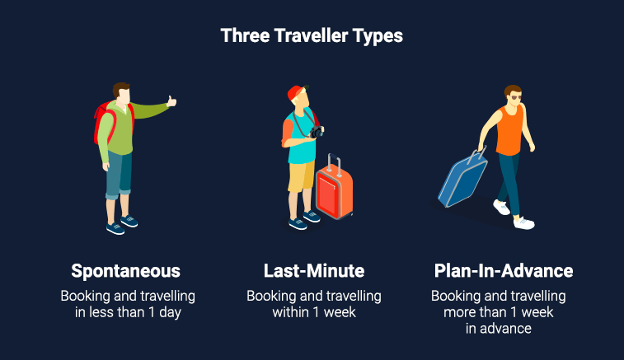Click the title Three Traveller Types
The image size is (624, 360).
click(x=312, y=36)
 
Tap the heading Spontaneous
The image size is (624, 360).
click(x=126, y=271)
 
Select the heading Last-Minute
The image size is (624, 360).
click(x=314, y=271)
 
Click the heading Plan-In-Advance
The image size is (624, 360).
click(x=504, y=271)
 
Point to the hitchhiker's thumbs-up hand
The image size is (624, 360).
click(x=171, y=101)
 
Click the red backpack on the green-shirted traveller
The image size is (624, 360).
click(x=104, y=121)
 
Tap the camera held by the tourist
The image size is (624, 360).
click(x=317, y=132)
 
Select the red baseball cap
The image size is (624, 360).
click(x=297, y=93)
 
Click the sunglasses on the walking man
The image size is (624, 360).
click(x=516, y=98)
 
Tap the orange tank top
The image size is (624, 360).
click(x=509, y=130)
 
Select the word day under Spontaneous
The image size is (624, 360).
click(x=170, y=313)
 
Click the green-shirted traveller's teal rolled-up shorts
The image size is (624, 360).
click(x=119, y=175)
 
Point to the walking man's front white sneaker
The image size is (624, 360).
click(x=523, y=223)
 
